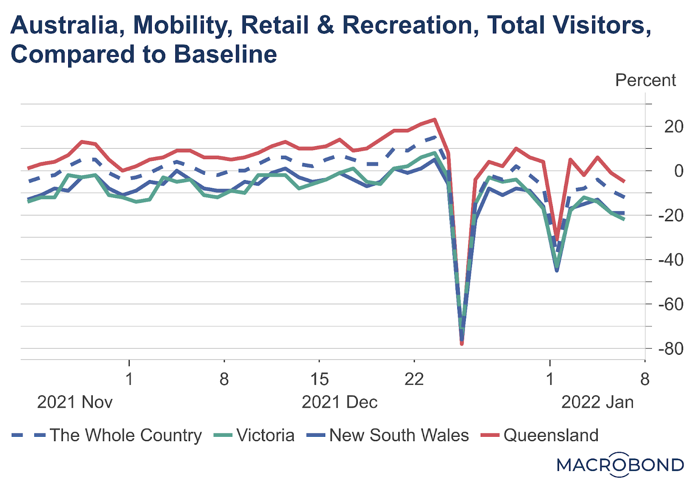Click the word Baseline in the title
pyautogui.click(x=226, y=55)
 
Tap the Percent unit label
pyautogui.click(x=645, y=80)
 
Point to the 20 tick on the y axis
pyautogui.click(x=674, y=127)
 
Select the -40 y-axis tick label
pyautogui.click(x=671, y=260)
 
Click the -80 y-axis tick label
pyautogui.click(x=671, y=349)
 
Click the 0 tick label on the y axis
pyautogui.click(x=678, y=171)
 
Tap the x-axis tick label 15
pyautogui.click(x=319, y=380)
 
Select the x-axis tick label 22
pyautogui.click(x=414, y=380)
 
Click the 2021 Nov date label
pyautogui.click(x=75, y=402)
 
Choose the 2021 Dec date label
pyautogui.click(x=339, y=402)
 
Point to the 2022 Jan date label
pyautogui.click(x=597, y=402)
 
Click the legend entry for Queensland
pyautogui.click(x=551, y=435)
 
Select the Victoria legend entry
pyautogui.click(x=265, y=435)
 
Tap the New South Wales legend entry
pyautogui.click(x=399, y=435)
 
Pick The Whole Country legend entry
pyautogui.click(x=125, y=435)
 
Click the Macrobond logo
pyautogui.click(x=620, y=465)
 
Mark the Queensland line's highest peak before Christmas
pyautogui.click(x=435, y=119)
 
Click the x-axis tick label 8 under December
pyautogui.click(x=224, y=380)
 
